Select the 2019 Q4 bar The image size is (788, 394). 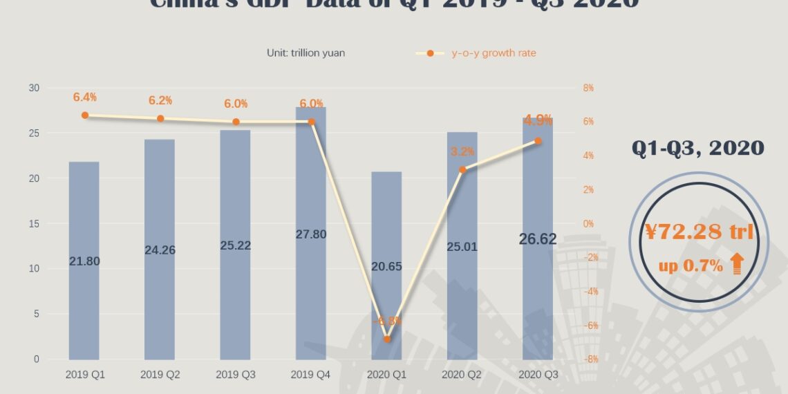pyautogui.click(x=311, y=290)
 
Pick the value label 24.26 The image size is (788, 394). pyautogui.click(x=160, y=250)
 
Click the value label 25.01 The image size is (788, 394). pyautogui.click(x=462, y=245)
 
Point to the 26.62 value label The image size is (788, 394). pyautogui.click(x=538, y=239)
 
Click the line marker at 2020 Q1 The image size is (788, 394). pyautogui.click(x=387, y=339)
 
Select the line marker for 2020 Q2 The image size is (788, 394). pyautogui.click(x=462, y=169)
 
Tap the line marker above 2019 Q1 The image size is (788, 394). pyautogui.click(x=85, y=115)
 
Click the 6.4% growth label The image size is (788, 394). pyautogui.click(x=85, y=97)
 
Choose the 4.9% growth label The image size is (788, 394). pyautogui.click(x=538, y=121)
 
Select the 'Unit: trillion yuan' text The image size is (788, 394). pyautogui.click(x=306, y=53)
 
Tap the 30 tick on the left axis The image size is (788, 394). pyautogui.click(x=34, y=88)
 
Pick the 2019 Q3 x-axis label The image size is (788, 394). pyautogui.click(x=236, y=374)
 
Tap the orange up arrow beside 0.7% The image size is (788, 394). pyautogui.click(x=737, y=265)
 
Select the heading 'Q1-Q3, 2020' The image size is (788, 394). pyautogui.click(x=697, y=148)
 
